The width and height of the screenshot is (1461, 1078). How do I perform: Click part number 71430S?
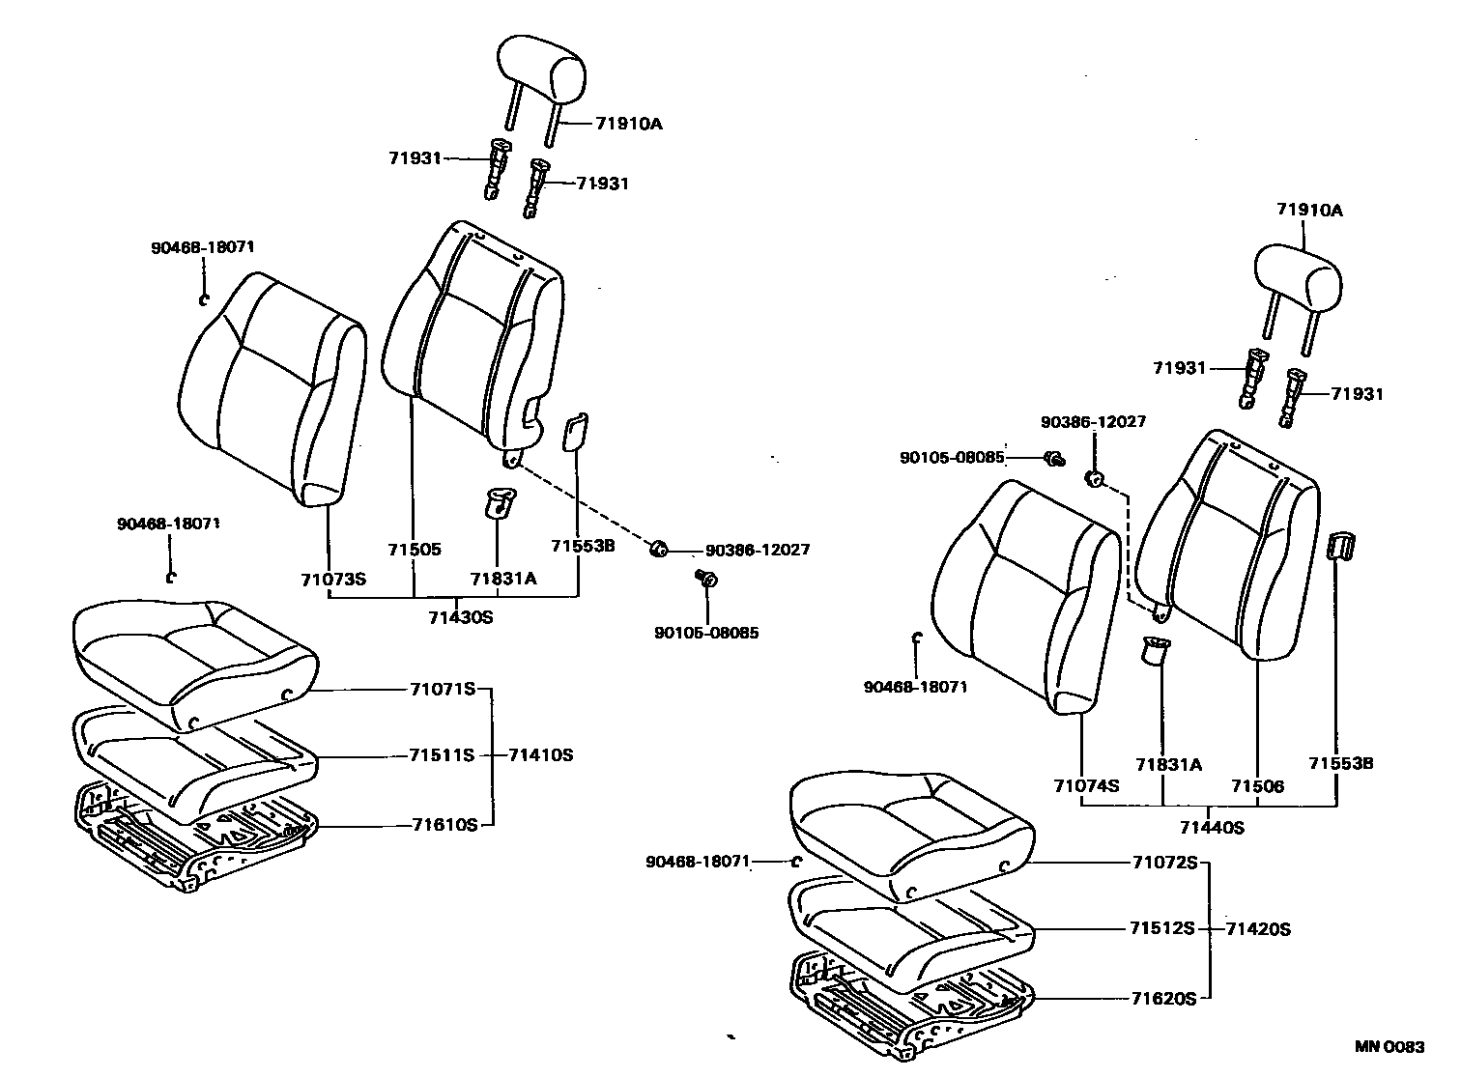point(461,616)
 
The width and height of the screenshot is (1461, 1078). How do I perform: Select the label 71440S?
point(1212,827)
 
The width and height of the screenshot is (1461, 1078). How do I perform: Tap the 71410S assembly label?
point(540,754)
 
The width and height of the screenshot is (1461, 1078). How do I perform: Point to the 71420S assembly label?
point(1258,929)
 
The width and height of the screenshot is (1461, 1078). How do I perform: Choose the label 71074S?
point(1086,785)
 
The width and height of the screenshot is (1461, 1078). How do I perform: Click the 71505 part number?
point(415,550)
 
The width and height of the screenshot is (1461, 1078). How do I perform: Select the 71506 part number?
point(1257,785)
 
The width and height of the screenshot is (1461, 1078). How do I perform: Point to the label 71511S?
point(443,754)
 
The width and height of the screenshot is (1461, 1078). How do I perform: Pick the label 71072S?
point(1163,862)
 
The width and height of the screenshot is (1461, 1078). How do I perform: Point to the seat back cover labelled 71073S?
point(271,386)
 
